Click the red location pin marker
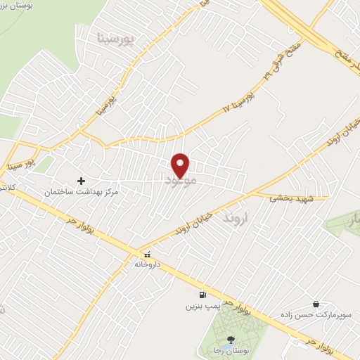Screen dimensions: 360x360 click(181, 165)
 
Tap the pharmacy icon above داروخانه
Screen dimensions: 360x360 click(147, 255)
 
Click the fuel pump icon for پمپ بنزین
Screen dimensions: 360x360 click(203, 295)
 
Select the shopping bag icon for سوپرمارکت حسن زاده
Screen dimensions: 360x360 click(316, 303)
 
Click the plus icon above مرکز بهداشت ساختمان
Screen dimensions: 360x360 click(81, 181)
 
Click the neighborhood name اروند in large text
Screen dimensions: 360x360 click(237, 219)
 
